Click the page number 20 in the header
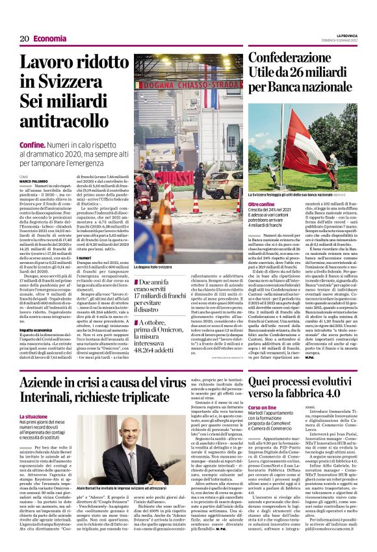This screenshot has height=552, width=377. [24, 39]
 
